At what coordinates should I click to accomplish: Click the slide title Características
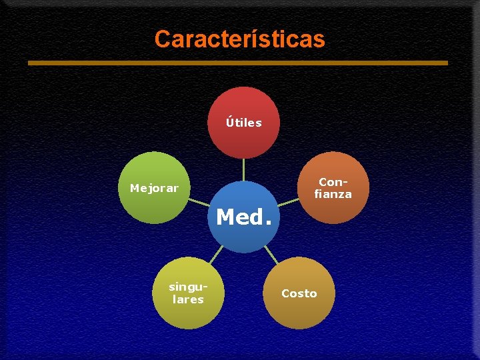(x=239, y=39)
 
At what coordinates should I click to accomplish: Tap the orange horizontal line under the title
(x=237, y=63)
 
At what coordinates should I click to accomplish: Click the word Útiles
(x=243, y=123)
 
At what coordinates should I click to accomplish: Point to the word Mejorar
(x=154, y=188)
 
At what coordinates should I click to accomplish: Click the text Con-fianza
(x=333, y=188)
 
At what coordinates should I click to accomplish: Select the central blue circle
(x=244, y=233)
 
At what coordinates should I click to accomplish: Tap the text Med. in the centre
(x=244, y=217)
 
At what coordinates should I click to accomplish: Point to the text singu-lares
(x=188, y=293)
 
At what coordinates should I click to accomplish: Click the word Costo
(x=299, y=293)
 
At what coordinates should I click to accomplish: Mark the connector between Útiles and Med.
(x=243, y=169)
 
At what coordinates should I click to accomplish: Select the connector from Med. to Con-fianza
(x=287, y=201)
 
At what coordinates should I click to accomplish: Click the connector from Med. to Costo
(x=271, y=254)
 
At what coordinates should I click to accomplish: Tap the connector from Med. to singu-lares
(x=216, y=254)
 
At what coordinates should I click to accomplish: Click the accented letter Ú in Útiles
(x=230, y=122)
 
